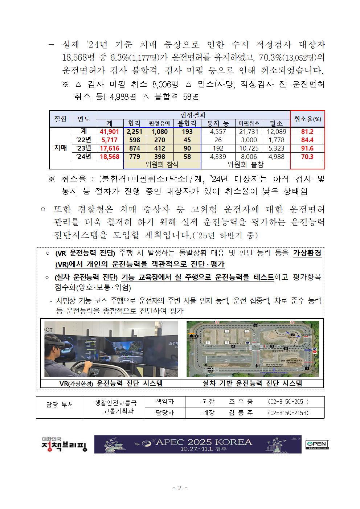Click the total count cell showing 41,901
pyautogui.click(x=110, y=132)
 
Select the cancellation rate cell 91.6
pyautogui.click(x=307, y=148)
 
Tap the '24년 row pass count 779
pyautogui.click(x=135, y=157)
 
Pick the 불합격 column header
pyautogui.click(x=187, y=123)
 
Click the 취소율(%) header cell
pyautogui.click(x=307, y=119)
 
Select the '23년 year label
pyautogui.click(x=84, y=148)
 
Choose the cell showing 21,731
pyautogui.click(x=249, y=132)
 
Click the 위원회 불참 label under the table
pyautogui.click(x=245, y=165)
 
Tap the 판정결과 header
pyautogui.click(x=193, y=115)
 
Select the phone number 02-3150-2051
pyautogui.click(x=288, y=402)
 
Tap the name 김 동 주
pyautogui.click(x=241, y=413)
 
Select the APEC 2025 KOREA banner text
pyautogui.click(x=203, y=442)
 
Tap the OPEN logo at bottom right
pyautogui.click(x=317, y=444)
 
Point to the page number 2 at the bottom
pyautogui.click(x=180, y=488)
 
